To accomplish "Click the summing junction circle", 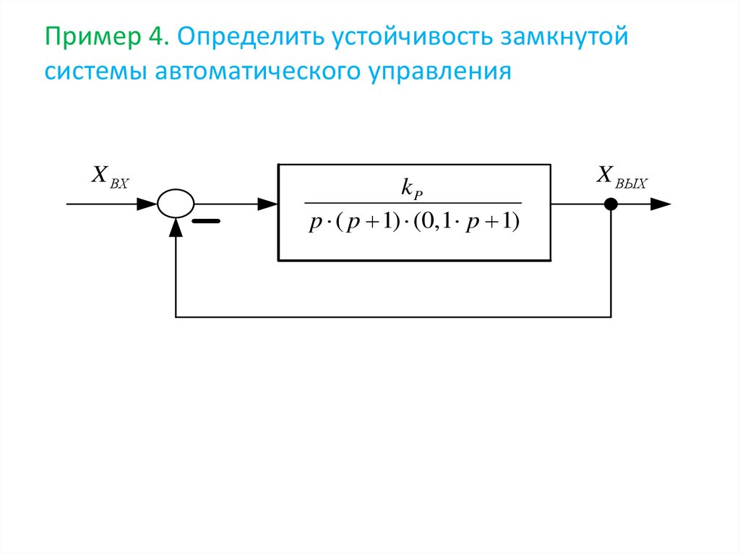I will point(176,204).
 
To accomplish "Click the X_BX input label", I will point(109,176).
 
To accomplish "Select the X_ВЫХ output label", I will point(621,176).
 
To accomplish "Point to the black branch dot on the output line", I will point(611,204).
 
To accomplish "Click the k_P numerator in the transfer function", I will point(413,189).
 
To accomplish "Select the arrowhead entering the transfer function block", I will point(268,204).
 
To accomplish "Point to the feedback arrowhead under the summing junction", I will point(176,227).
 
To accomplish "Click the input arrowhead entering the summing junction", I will point(147,204).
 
